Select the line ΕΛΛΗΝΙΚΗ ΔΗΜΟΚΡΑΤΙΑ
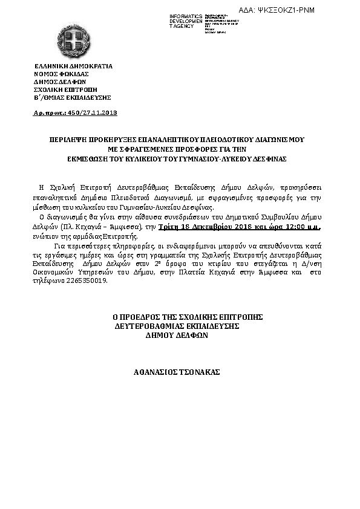pos(73,66)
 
